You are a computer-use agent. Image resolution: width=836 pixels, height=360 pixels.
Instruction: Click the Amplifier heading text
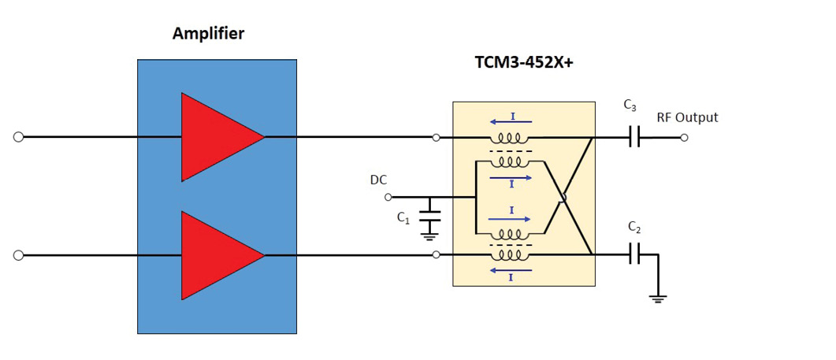click(209, 34)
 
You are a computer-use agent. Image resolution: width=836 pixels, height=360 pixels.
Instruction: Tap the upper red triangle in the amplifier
click(217, 137)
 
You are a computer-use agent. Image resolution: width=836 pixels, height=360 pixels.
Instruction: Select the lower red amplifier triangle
click(217, 255)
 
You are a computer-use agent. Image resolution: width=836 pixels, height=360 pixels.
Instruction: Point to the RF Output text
click(687, 117)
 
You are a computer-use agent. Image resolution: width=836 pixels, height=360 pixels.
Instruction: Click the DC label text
click(378, 180)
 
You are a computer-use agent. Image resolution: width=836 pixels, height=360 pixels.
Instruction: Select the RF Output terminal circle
click(684, 137)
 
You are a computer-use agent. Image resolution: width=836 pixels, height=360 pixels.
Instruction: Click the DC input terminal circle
click(388, 197)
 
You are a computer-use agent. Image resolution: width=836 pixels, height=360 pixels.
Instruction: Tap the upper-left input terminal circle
click(18, 137)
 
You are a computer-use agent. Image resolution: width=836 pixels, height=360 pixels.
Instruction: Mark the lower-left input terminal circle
click(18, 255)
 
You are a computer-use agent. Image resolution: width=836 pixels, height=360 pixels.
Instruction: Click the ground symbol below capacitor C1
click(429, 232)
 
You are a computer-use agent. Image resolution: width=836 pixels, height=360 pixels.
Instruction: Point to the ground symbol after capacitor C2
click(658, 299)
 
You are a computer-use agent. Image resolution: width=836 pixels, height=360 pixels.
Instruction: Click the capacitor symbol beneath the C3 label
click(635, 137)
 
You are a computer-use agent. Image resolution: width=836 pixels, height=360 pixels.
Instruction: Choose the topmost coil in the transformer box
click(510, 137)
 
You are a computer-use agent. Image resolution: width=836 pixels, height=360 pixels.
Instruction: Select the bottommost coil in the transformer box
click(510, 254)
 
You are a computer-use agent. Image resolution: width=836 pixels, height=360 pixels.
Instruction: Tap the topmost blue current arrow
click(511, 121)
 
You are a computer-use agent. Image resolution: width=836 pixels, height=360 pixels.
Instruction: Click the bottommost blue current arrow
click(511, 270)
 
